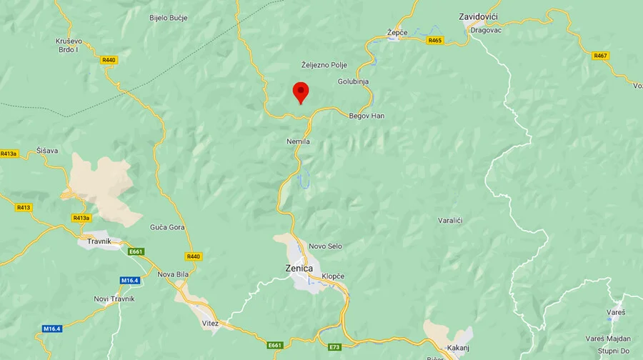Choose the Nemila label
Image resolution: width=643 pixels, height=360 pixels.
(x=298, y=141)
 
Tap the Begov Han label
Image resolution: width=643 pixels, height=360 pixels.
(x=367, y=116)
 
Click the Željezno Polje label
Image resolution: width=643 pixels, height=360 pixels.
(x=324, y=65)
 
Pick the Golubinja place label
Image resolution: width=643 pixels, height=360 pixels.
(x=353, y=81)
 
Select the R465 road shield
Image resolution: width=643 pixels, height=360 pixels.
(x=435, y=41)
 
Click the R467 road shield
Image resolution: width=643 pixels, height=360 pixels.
(x=600, y=55)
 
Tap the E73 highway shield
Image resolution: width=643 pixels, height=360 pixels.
(x=334, y=347)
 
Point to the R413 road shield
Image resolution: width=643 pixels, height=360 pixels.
(x=24, y=207)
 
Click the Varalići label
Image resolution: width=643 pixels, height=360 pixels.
(x=450, y=220)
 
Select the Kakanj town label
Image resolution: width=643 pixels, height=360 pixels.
(x=457, y=347)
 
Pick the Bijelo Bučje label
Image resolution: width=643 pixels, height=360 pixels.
(x=168, y=17)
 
